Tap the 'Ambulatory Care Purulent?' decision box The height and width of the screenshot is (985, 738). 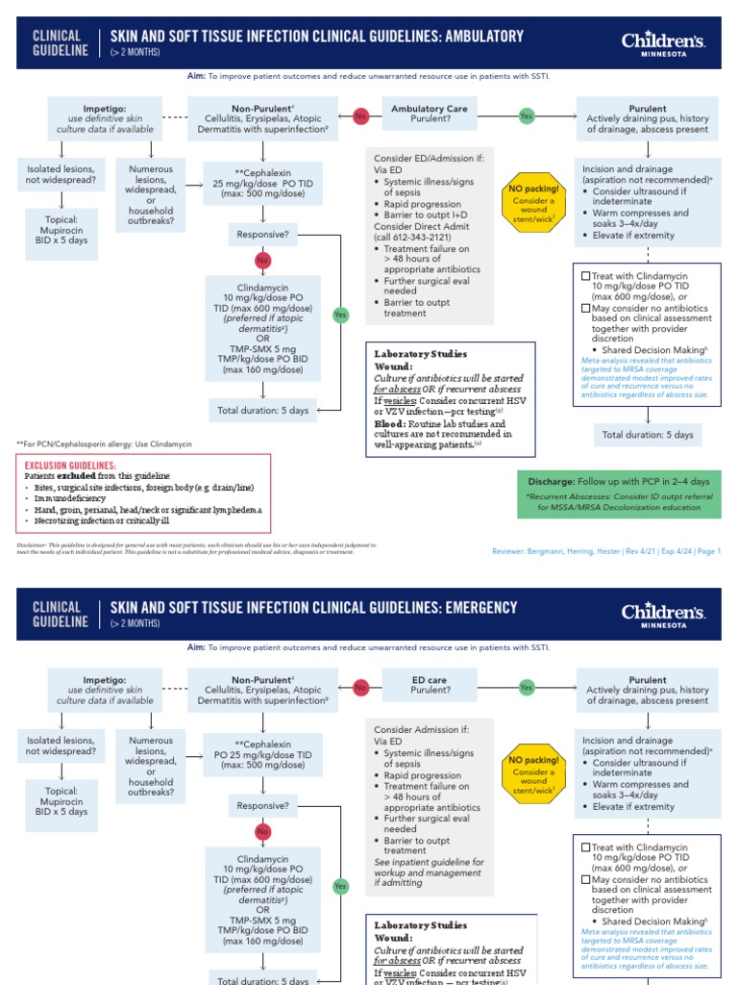[x=429, y=114]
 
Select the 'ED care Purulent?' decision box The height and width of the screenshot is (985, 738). [x=429, y=684]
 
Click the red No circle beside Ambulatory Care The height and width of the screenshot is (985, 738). [x=361, y=115]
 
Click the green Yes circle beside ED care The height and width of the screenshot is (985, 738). [x=526, y=688]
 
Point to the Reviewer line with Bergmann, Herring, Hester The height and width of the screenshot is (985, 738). [x=605, y=551]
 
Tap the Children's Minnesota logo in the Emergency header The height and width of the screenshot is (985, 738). [x=663, y=615]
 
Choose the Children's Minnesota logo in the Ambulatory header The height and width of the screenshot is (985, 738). [x=663, y=43]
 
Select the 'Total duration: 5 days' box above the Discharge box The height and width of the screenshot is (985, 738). [x=647, y=435]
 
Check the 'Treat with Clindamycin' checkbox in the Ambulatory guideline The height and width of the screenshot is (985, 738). [x=585, y=276]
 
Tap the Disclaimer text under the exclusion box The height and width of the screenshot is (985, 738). [x=240, y=548]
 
